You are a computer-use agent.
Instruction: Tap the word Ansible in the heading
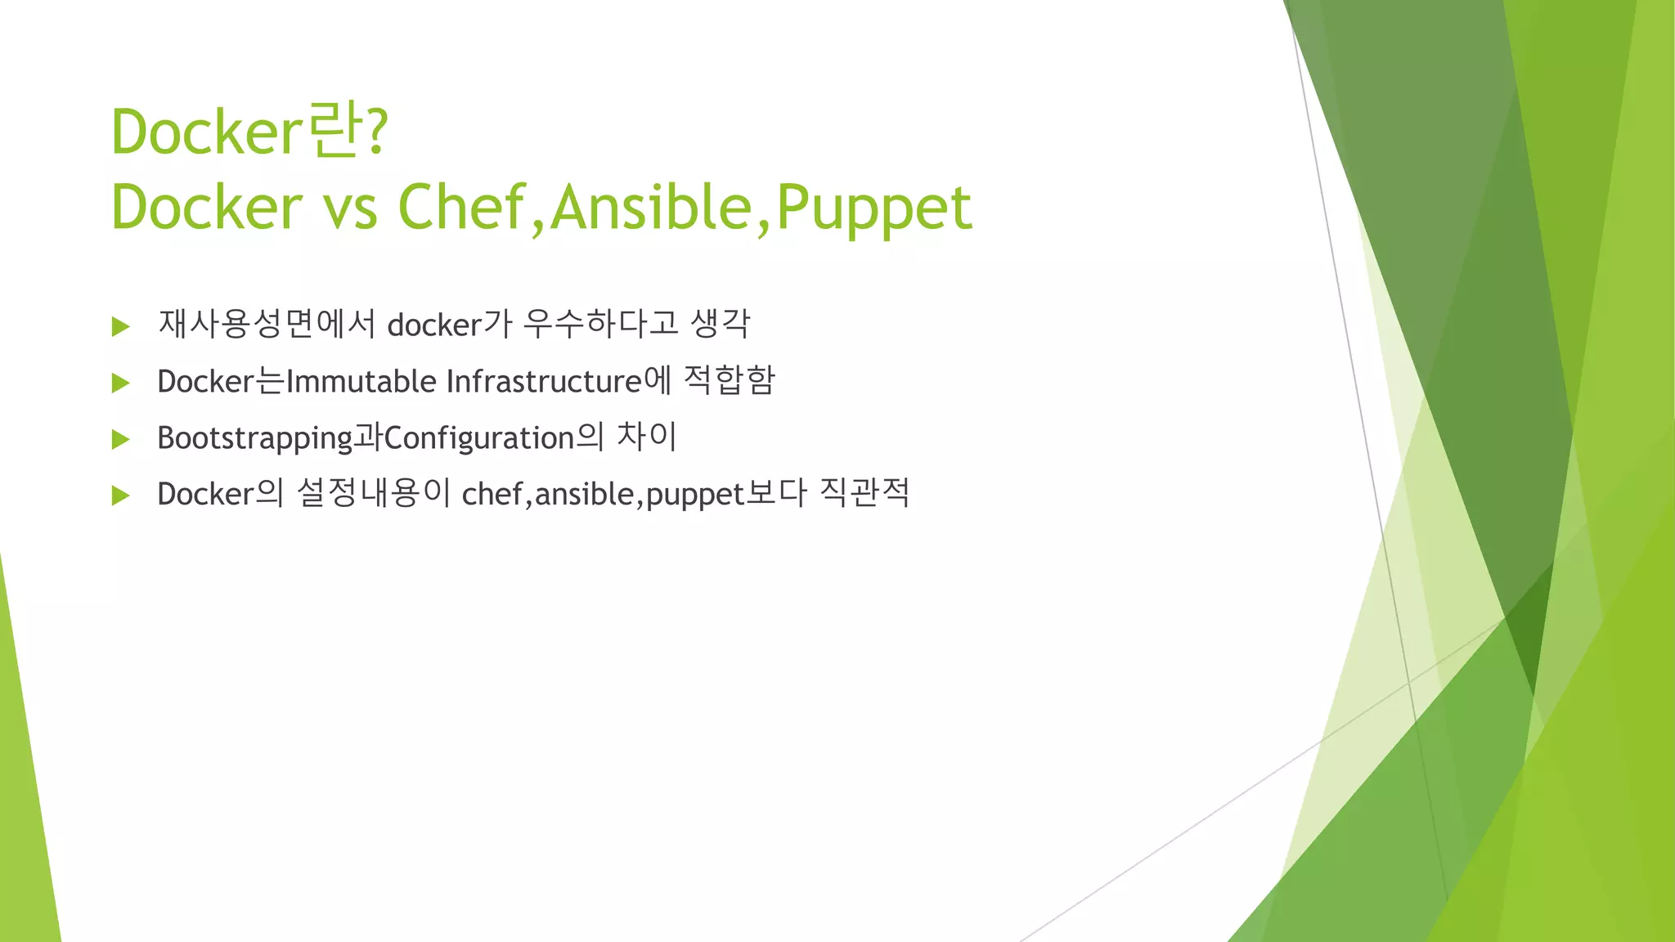(650, 206)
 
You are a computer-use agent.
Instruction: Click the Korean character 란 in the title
(334, 131)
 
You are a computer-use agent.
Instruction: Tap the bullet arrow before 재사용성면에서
(121, 327)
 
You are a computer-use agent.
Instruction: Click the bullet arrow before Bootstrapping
(121, 440)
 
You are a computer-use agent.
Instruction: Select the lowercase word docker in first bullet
(433, 325)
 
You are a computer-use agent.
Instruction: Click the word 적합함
(728, 380)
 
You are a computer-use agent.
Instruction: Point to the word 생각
(720, 324)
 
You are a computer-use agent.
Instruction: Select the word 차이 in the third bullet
(646, 437)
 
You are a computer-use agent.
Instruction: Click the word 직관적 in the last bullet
(864, 492)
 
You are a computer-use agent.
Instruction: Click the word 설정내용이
(374, 493)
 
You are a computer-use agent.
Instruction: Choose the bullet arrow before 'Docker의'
(121, 496)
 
